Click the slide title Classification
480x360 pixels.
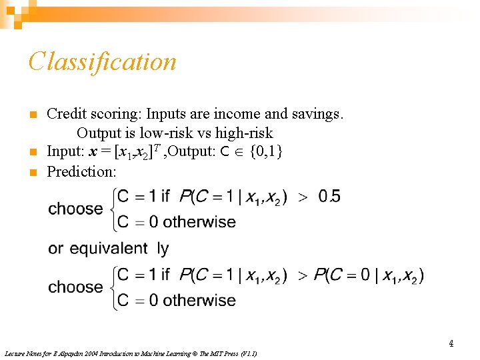pos(102,62)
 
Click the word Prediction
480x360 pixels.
pos(81,171)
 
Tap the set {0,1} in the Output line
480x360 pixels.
pos(266,151)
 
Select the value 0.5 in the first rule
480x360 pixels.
pos(329,197)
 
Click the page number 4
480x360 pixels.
pos(451,344)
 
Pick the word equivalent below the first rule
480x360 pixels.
pos(109,249)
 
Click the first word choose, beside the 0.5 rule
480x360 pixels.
pos(75,209)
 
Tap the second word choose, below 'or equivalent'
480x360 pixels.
pos(75,287)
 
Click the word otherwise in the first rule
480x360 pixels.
pos(199,222)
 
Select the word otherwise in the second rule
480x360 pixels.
pos(199,301)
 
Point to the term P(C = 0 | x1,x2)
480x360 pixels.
pos(369,275)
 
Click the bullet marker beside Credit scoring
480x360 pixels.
pos(32,115)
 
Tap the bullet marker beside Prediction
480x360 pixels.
pos(32,172)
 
